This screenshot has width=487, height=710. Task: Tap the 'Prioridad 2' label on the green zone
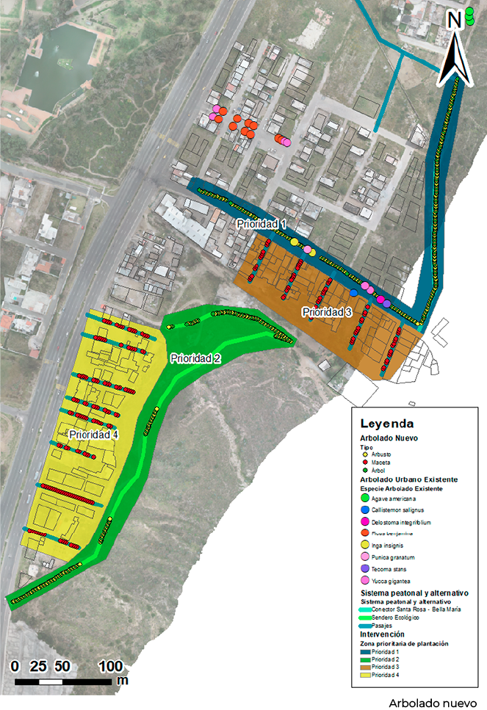(x=196, y=358)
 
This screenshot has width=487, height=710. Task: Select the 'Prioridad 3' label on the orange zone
(x=328, y=312)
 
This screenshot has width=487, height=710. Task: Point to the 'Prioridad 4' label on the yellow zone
(x=94, y=434)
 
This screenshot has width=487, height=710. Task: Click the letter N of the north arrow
(x=454, y=20)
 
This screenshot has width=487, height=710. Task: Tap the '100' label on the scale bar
(x=111, y=666)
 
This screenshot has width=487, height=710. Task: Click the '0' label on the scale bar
(x=15, y=666)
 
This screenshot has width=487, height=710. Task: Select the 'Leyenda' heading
(x=386, y=424)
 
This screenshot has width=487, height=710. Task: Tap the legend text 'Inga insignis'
(x=390, y=546)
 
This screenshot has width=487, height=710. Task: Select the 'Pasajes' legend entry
(x=383, y=626)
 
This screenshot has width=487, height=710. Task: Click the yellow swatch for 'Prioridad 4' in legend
(x=364, y=674)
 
